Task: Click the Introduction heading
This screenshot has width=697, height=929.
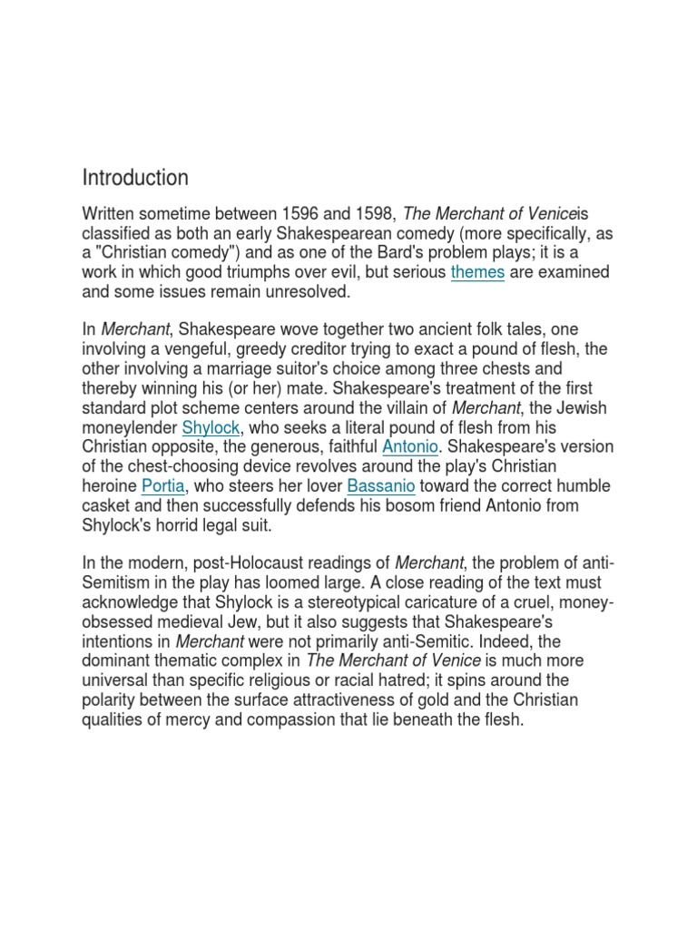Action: (135, 177)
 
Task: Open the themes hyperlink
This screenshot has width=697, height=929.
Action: (477, 272)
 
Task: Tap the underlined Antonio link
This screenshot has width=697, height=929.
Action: (411, 446)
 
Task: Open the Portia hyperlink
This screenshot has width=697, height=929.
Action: (163, 485)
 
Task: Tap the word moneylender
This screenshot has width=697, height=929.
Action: (130, 426)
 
